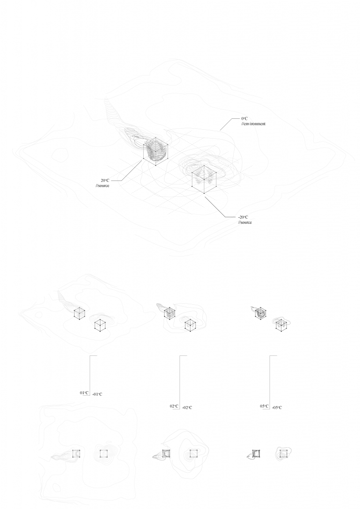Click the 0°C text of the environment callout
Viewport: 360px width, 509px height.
point(244,119)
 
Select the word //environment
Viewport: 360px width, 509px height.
point(254,124)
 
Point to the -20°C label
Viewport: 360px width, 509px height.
point(244,217)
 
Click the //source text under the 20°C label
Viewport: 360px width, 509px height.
point(103,185)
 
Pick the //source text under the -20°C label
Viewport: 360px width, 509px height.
point(245,222)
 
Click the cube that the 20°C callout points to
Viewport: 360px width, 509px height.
point(155,151)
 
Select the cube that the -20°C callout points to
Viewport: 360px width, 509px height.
point(204,179)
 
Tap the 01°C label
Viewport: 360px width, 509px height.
point(84,393)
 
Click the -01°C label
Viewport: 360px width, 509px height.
point(97,394)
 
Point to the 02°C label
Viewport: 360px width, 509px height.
point(174,407)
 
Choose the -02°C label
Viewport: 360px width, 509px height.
point(187,408)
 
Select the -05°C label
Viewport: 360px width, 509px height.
point(277,408)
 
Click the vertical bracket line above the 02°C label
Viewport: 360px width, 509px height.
point(180,380)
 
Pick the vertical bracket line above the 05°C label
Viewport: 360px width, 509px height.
point(270,380)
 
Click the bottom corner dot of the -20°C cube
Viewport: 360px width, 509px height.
point(205,194)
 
